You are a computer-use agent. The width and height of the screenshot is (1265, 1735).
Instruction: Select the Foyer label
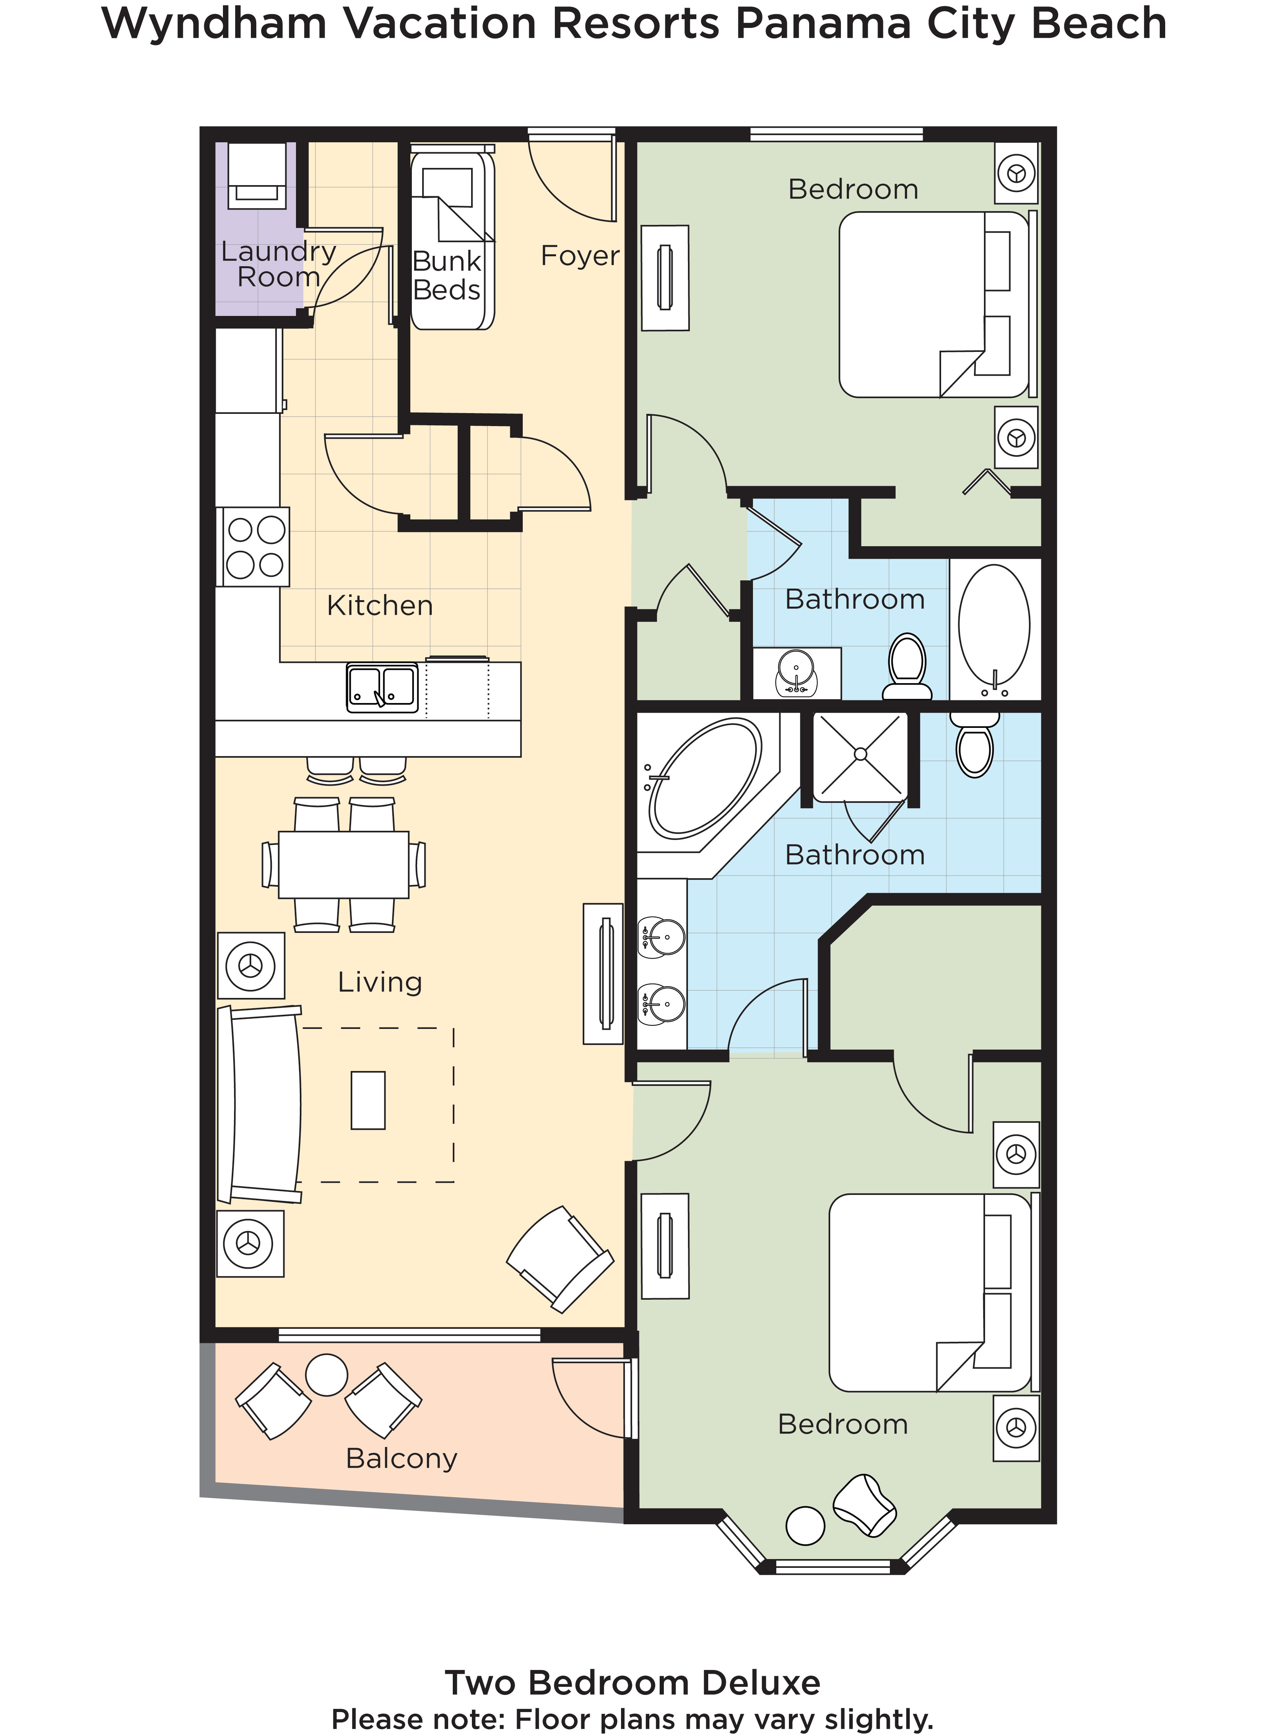tap(580, 256)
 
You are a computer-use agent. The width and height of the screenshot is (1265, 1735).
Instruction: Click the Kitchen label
tap(380, 606)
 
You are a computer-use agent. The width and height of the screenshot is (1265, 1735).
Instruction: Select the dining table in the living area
tap(343, 864)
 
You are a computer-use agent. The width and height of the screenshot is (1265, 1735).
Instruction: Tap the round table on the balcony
tap(326, 1374)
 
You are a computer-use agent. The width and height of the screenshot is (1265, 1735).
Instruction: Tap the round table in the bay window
tap(805, 1525)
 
